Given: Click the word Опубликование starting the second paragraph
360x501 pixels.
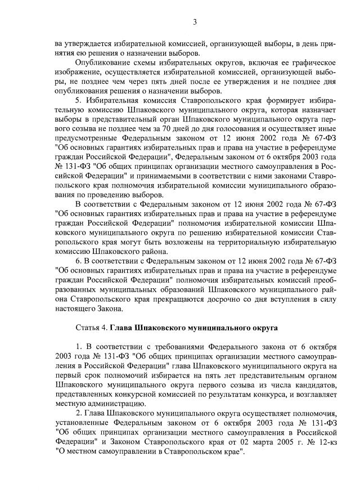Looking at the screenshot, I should [x=102, y=61].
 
